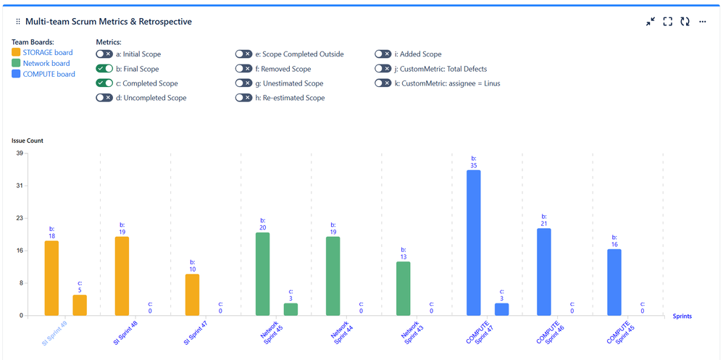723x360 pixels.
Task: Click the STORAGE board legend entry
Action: pos(48,52)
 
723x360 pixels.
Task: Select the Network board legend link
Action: pos(46,63)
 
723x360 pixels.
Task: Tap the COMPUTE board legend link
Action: pos(49,74)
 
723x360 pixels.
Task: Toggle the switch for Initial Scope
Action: pos(104,54)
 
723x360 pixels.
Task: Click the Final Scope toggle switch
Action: pos(104,69)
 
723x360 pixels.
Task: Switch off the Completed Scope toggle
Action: pos(104,83)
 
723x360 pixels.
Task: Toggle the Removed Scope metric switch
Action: pos(244,69)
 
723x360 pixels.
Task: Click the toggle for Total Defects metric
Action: pos(383,69)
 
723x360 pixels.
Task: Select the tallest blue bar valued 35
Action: pos(474,243)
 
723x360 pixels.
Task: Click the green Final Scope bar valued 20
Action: pos(262,274)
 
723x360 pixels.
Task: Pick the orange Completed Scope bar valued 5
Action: pos(80,305)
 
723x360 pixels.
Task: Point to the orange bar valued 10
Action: pos(192,294)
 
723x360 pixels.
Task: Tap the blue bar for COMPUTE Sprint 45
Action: pos(614,282)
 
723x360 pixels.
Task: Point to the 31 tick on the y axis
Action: pos(19,186)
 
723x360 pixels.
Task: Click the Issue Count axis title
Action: pos(27,141)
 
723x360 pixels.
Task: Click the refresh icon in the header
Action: pos(685,22)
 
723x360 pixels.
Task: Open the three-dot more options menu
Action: pos(702,22)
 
